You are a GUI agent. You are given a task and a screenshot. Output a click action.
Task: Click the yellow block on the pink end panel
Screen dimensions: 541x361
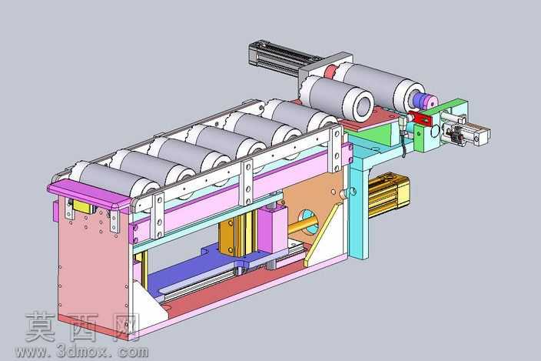tap(83, 206)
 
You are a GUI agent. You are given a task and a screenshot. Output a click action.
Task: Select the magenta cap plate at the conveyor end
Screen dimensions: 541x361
tap(89, 192)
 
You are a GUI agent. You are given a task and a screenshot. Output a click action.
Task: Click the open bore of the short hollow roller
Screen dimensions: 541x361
tap(362, 104)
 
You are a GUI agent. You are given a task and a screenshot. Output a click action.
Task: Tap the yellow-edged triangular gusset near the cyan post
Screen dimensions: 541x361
tap(324, 235)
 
